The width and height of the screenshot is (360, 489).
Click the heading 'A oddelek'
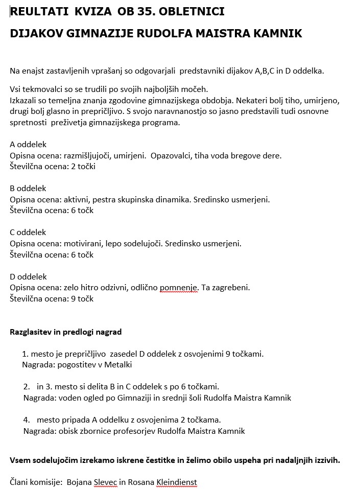point(28,145)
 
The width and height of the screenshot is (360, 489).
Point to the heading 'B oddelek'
point(28,189)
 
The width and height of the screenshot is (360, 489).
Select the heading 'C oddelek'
point(28,232)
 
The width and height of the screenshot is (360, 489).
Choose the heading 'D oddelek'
point(29,276)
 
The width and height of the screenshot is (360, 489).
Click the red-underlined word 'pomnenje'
point(178,288)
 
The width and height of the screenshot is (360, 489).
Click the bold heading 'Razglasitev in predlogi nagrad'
point(66,332)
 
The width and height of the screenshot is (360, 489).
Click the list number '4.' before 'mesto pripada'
point(27,420)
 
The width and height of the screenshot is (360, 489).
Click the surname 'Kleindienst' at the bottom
point(176,482)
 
